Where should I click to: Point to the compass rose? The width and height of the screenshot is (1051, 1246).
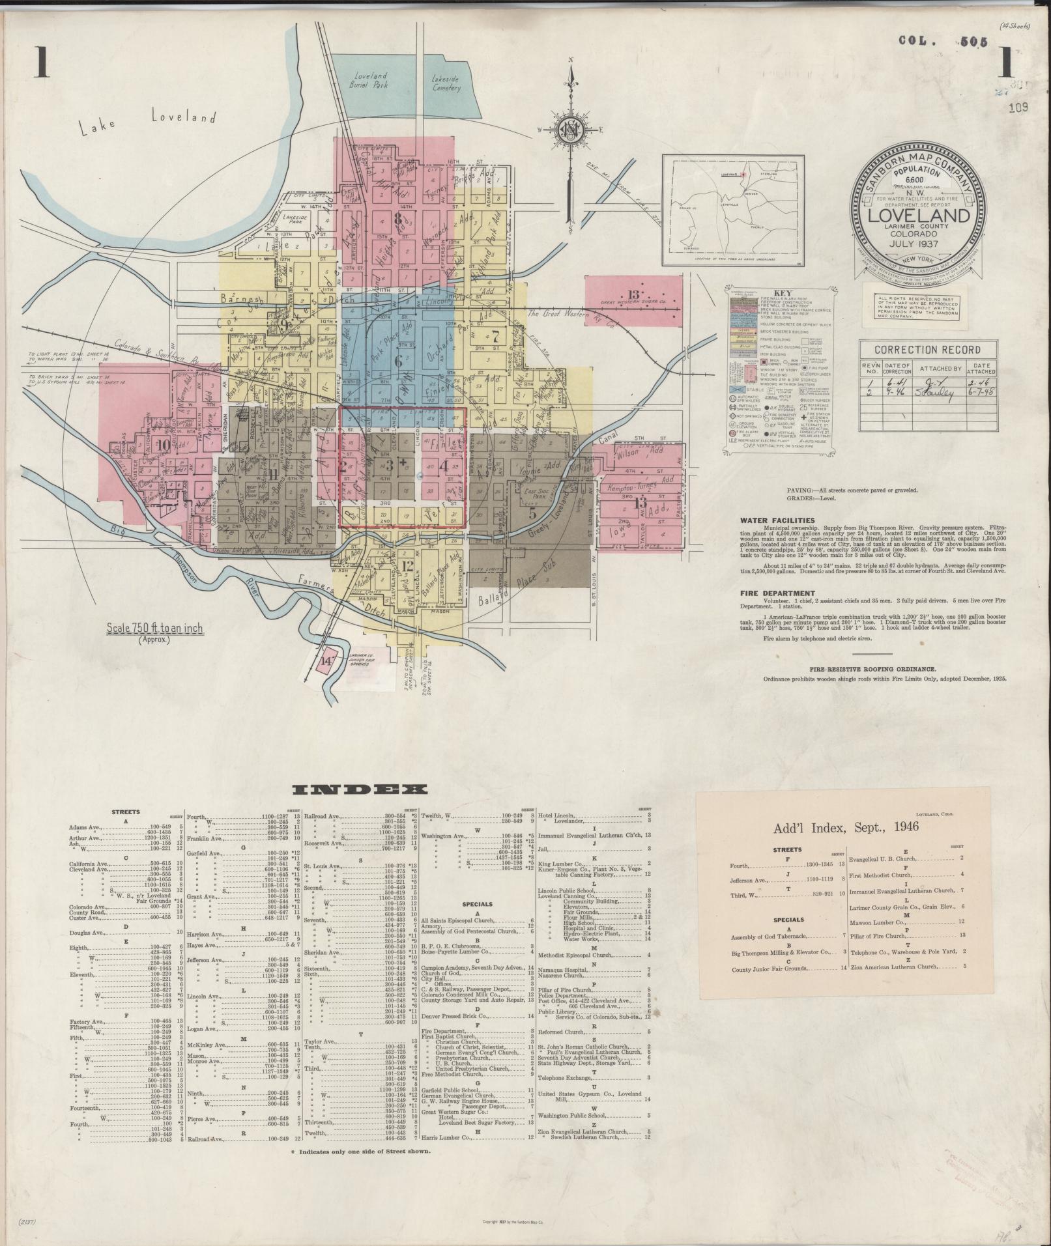coord(571,131)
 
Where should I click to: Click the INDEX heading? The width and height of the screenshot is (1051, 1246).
coord(360,790)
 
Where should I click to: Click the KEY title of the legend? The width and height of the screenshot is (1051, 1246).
coord(782,293)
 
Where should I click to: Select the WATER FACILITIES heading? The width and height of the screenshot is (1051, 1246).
coord(777,520)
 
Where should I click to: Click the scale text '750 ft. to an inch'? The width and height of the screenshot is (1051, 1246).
coord(155,629)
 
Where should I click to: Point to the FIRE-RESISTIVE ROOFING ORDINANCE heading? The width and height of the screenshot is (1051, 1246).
coord(873,669)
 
